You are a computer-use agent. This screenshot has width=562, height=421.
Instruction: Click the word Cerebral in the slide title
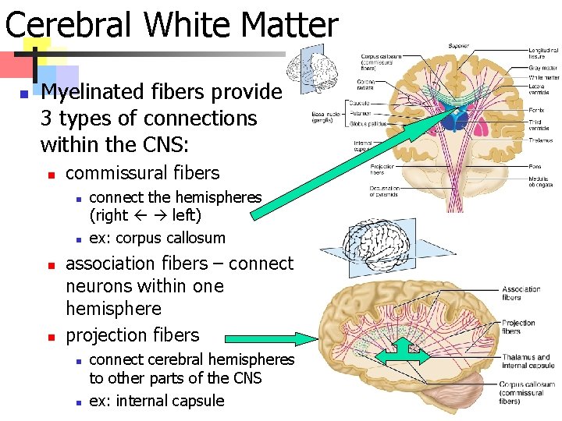pyautogui.click(x=71, y=25)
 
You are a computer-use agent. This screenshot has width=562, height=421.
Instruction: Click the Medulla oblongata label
pyautogui.click(x=541, y=181)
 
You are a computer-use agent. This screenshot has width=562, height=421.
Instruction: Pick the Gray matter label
pyautogui.click(x=543, y=69)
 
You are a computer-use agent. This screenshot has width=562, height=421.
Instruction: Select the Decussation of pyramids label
pyautogui.click(x=384, y=191)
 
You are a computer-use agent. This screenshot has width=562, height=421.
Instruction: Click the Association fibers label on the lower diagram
pyautogui.click(x=521, y=293)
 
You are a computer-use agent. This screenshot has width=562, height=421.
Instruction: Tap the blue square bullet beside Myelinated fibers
pyautogui.click(x=24, y=94)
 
